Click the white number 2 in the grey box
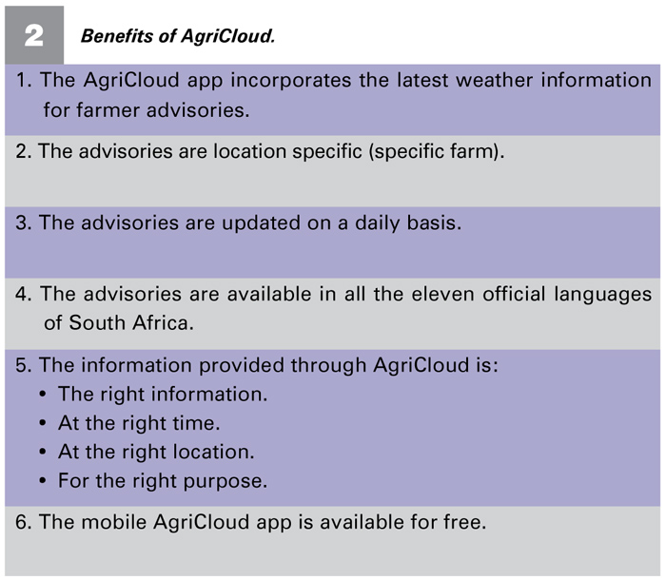pyautogui.click(x=34, y=35)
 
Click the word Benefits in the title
pyautogui.click(x=117, y=36)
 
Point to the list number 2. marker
pyautogui.click(x=24, y=151)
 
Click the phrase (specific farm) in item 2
pyautogui.click(x=433, y=152)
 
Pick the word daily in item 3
pyautogui.click(x=377, y=223)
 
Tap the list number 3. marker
pyautogui.click(x=24, y=222)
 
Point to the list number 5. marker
pyautogui.click(x=24, y=365)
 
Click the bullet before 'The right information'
pyautogui.click(x=43, y=395)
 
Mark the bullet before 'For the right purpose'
pyautogui.click(x=43, y=481)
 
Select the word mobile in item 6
pyautogui.click(x=113, y=522)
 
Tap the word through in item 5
pyautogui.click(x=328, y=366)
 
